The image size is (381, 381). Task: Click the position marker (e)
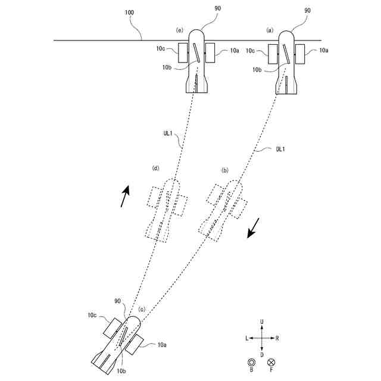[x=179, y=29]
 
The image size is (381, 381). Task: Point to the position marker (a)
[x=269, y=29]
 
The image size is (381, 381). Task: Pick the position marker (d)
[x=157, y=169]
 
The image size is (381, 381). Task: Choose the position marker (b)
[x=225, y=170]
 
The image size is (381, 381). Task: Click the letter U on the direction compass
[x=262, y=322]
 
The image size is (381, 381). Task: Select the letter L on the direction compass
[x=246, y=338]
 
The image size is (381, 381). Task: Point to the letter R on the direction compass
[x=278, y=338]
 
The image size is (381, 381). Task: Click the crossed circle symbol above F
[x=272, y=362]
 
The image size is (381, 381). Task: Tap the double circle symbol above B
[x=252, y=362]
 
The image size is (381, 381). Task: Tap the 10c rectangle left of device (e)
[x=183, y=53]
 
